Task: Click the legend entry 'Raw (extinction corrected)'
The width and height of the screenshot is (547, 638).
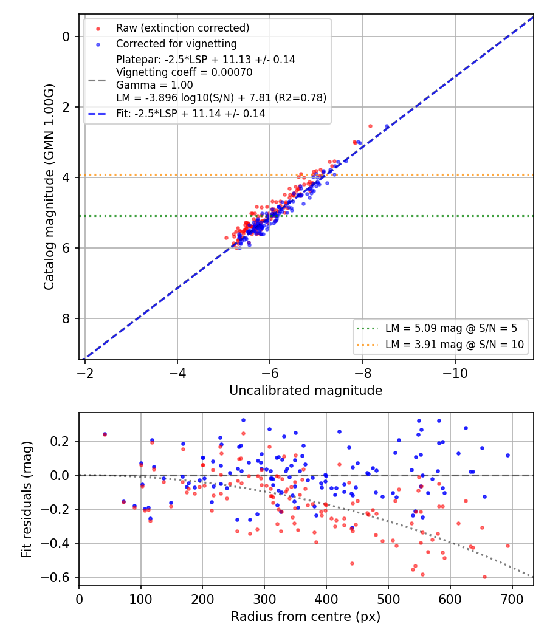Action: coord(182,28)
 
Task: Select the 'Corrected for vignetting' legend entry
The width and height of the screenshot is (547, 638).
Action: coord(176,44)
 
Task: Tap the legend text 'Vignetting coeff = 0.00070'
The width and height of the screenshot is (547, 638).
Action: coord(184,72)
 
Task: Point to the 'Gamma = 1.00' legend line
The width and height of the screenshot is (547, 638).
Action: coord(154,85)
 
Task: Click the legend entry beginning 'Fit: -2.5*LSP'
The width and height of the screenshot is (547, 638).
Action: coord(190,114)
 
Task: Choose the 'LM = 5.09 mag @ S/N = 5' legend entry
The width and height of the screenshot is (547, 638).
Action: coord(451,328)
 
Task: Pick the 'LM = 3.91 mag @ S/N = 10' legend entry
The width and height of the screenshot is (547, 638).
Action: coord(455,345)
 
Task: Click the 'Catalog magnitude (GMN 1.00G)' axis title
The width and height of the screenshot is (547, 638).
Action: coord(49,187)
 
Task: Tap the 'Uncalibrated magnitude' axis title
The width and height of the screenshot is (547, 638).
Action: coord(306,391)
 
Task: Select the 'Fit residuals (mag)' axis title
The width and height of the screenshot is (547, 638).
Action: coord(27,499)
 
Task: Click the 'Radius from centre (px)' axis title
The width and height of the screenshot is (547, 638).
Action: coord(306,617)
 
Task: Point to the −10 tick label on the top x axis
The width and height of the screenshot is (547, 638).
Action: coord(455,373)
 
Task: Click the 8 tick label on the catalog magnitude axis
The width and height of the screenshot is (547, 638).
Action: coord(66,318)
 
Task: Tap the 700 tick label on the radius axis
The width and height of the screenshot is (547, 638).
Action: coord(512,599)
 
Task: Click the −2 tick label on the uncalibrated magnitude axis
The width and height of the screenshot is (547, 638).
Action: coord(84,373)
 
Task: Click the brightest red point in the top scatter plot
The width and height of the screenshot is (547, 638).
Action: coord(370,126)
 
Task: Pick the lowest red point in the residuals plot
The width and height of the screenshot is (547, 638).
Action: coord(484,577)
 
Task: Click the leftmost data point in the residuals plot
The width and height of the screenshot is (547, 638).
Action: coord(105,434)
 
